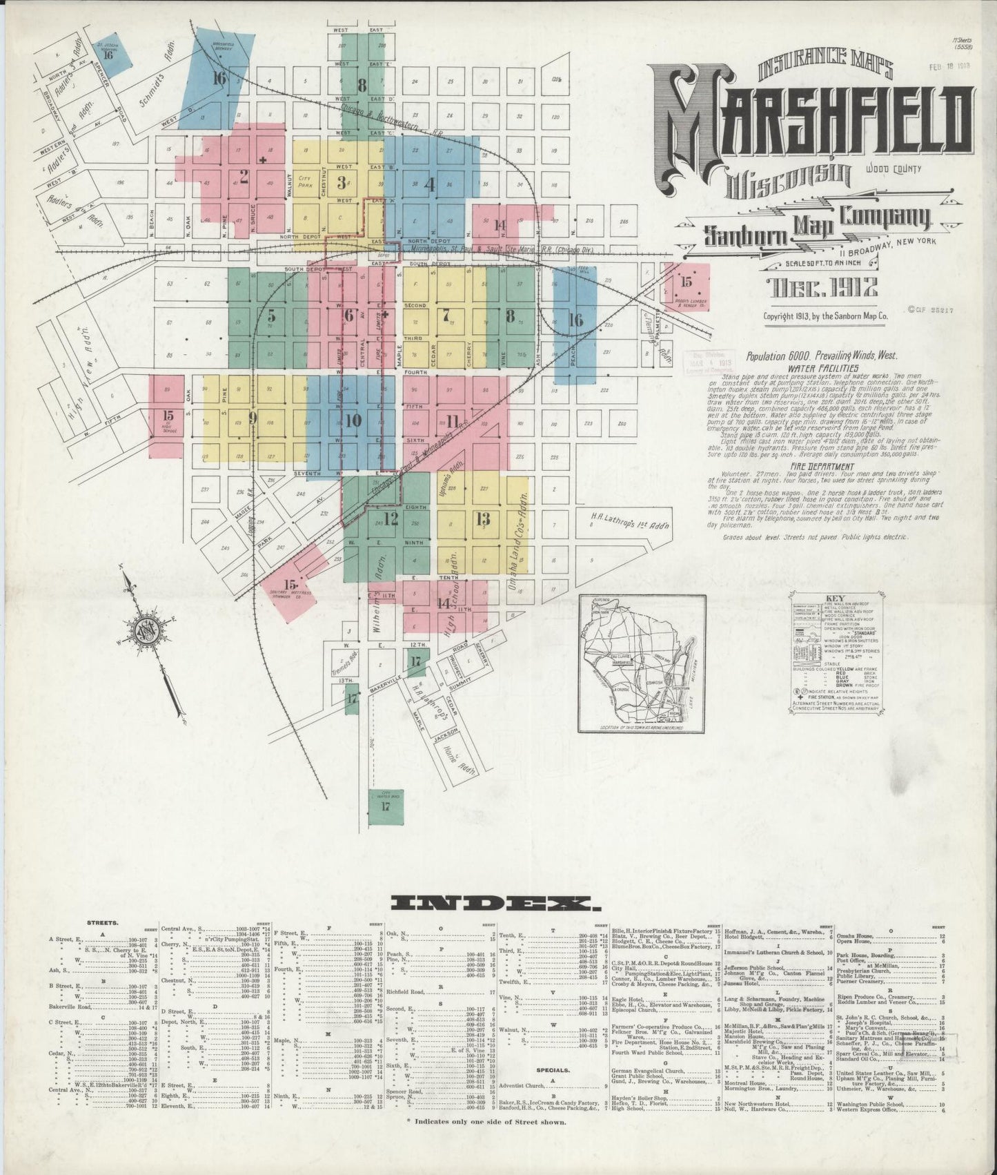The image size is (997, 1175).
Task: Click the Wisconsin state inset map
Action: click(x=641, y=663)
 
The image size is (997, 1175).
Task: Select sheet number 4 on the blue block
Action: click(x=431, y=184)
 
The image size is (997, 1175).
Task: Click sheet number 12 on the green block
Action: click(x=391, y=519)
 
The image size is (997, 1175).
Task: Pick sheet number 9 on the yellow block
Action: click(x=253, y=417)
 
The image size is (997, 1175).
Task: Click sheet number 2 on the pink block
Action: click(x=243, y=174)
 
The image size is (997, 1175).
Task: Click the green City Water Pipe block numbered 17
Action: click(x=386, y=804)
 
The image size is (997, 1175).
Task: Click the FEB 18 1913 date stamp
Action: click(x=950, y=67)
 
